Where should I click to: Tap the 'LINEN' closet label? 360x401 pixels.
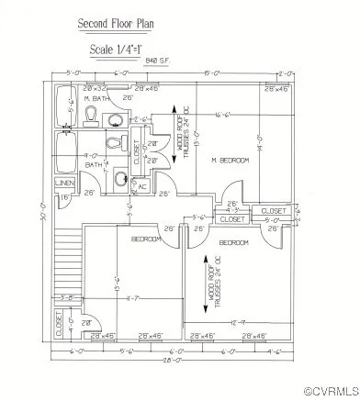(65, 184)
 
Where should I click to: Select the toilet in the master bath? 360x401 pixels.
(93, 114)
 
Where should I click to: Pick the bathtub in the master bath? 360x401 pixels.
(63, 108)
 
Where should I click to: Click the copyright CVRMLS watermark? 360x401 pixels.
(330, 391)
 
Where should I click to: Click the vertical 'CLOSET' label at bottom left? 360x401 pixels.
(57, 322)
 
